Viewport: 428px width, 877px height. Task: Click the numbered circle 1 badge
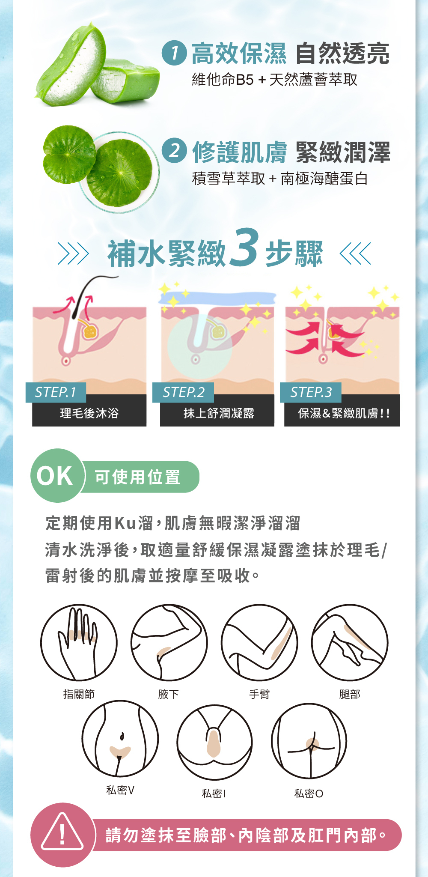coord(174,53)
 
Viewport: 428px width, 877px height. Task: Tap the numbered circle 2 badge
coord(174,151)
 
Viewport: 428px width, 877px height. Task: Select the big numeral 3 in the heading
coord(244,248)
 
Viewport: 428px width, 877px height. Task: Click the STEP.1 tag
coord(56,392)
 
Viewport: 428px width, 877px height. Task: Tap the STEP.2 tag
coord(183,392)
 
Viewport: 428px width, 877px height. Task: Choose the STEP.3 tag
coord(311,392)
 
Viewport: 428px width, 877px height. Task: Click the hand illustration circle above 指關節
coord(79,642)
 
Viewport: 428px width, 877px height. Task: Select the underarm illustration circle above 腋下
coord(169,642)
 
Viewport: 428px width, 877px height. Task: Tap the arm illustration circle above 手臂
coord(259,642)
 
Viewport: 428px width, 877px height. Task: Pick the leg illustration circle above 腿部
coord(350,642)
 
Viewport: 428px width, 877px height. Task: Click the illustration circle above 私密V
coord(120,739)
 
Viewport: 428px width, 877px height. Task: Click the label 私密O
coord(309,793)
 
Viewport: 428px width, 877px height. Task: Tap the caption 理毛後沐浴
coord(89,413)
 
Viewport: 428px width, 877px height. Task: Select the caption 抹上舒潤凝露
coord(219,413)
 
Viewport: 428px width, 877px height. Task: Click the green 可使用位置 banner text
coord(137,477)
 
